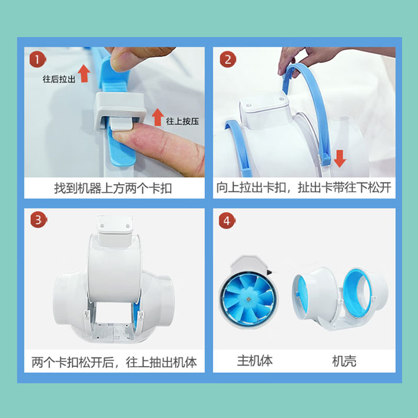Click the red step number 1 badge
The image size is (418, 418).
point(37,59)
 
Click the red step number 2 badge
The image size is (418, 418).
point(228,59)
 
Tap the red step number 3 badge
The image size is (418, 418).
point(38,220)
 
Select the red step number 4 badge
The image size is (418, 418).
point(227,220)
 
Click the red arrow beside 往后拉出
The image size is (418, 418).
point(84,74)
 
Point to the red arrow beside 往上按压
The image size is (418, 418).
point(158,117)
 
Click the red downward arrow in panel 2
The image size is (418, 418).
point(340,158)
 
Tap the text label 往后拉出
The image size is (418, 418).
point(59,79)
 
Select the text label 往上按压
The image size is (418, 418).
point(183,121)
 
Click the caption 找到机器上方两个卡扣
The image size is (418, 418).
point(113,188)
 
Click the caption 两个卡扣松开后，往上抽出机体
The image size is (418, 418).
point(114,362)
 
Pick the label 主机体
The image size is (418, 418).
point(255,361)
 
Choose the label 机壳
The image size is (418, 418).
point(344,361)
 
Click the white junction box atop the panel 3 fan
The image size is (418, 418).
point(115,231)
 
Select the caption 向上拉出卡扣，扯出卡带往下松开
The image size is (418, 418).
point(304,187)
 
